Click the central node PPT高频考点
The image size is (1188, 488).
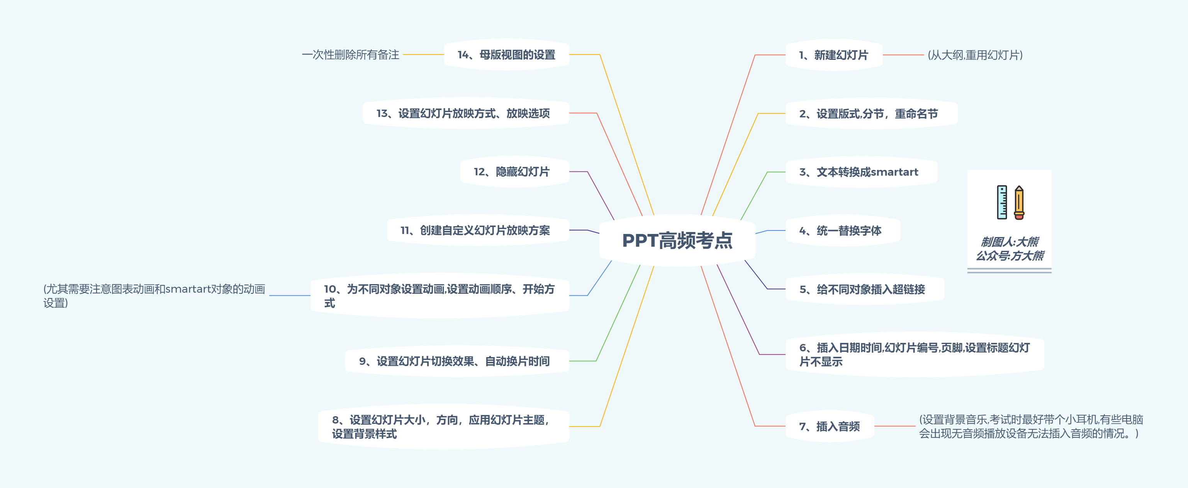677,240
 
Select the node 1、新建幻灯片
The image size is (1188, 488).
833,55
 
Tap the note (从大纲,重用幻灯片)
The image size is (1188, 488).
975,55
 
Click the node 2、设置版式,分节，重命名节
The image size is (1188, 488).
868,114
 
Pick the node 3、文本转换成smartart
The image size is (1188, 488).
858,172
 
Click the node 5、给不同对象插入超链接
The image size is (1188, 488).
862,290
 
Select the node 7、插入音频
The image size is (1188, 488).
829,427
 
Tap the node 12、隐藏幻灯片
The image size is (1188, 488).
511,172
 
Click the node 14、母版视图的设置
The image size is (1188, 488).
506,55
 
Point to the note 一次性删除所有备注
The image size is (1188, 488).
351,55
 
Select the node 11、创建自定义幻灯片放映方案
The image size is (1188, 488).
475,230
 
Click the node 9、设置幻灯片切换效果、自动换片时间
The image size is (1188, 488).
454,361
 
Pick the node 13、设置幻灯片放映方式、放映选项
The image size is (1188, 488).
463,114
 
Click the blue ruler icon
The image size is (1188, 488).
1002,202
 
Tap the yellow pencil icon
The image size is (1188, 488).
1019,203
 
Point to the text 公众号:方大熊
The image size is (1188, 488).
1010,256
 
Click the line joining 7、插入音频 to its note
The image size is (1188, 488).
895,426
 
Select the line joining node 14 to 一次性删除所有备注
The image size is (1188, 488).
423,54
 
